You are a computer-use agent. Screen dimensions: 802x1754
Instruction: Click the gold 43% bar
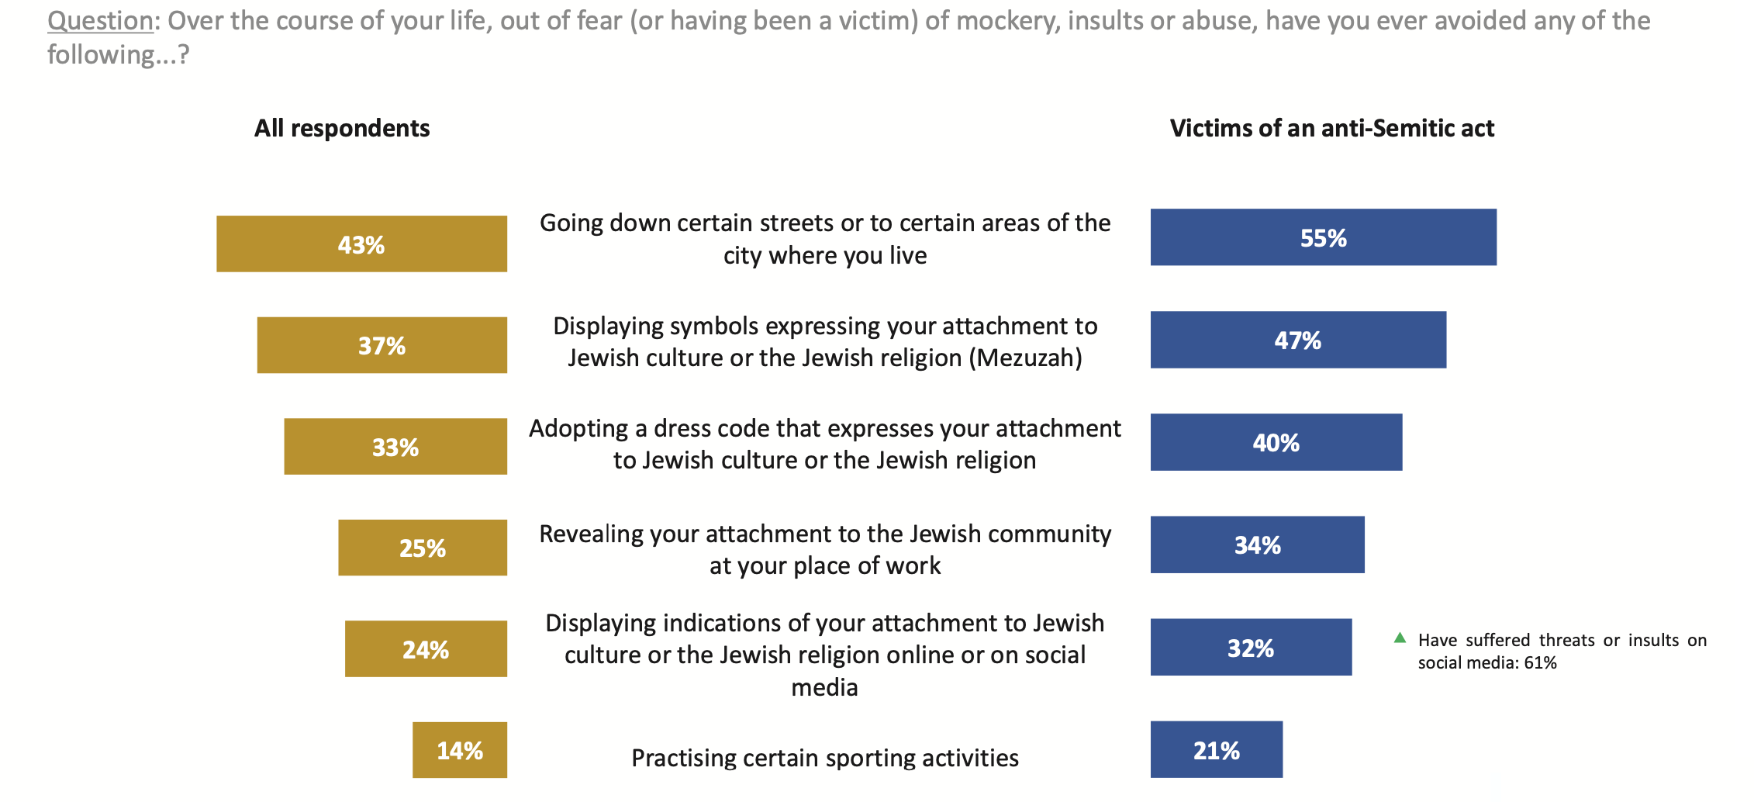pos(361,244)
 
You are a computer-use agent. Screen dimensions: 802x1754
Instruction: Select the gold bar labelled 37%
pos(382,345)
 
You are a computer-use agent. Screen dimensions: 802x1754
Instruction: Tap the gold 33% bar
pos(395,447)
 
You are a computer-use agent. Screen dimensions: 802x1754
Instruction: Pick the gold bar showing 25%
pos(423,548)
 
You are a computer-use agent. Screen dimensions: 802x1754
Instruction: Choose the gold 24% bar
pos(426,649)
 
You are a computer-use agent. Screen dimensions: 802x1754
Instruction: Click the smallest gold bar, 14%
pos(460,750)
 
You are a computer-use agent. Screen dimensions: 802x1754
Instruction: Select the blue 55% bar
pos(1323,237)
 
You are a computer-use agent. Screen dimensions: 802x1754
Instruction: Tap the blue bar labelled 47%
pos(1298,340)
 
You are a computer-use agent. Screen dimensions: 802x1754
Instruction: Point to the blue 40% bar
pos(1276,442)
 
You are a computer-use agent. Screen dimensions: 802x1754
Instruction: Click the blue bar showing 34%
pos(1257,544)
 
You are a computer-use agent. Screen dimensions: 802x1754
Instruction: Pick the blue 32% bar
pos(1251,647)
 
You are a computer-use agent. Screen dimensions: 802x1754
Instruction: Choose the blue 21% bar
pos(1216,749)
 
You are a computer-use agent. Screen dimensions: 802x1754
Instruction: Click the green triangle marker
pos(1400,638)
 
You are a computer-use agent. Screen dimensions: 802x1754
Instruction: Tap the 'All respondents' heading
pos(342,128)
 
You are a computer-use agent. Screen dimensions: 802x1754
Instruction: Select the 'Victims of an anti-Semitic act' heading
pos(1331,128)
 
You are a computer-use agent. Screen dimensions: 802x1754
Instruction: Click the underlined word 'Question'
pos(100,21)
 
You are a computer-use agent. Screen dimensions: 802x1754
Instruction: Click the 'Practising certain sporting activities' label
pos(825,758)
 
